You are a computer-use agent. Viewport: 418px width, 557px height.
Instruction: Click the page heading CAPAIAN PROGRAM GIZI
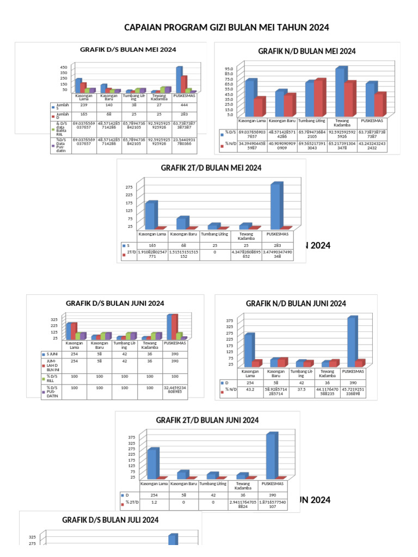[x=226, y=27]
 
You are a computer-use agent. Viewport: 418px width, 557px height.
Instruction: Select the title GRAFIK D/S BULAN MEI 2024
[x=128, y=49]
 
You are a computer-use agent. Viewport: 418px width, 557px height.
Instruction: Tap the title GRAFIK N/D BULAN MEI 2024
[x=306, y=51]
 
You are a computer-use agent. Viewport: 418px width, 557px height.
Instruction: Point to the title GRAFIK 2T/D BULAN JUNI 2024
[x=207, y=420]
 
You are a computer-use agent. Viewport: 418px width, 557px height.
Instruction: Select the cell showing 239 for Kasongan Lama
[x=84, y=104]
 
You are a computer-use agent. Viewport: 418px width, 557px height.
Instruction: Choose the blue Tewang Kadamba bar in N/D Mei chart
[x=341, y=91]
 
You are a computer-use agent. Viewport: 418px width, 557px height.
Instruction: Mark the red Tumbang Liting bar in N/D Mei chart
[x=319, y=97]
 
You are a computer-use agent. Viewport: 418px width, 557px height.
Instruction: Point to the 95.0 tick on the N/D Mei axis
[x=229, y=69]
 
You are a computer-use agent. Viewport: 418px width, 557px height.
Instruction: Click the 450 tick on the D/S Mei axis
[x=64, y=67]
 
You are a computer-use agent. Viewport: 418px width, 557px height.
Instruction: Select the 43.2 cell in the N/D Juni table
[x=250, y=389]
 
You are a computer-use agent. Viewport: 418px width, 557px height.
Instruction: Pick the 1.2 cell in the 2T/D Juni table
[x=153, y=503]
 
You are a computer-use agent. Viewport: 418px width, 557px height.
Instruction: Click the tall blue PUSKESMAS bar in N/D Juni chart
[x=352, y=341]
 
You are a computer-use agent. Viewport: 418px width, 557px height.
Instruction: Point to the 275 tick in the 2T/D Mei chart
[x=129, y=186]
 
